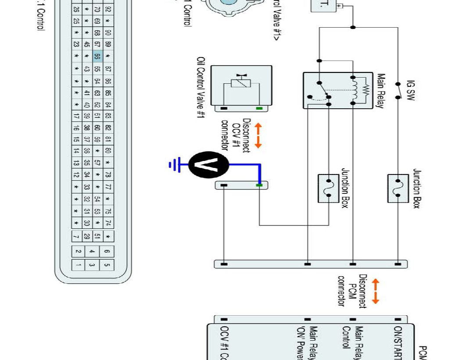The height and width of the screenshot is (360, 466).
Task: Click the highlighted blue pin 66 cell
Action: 97,57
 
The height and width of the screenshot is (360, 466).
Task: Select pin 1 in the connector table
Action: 78,264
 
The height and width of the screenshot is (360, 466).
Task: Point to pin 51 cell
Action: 97,236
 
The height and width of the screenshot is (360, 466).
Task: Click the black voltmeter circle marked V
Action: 209,165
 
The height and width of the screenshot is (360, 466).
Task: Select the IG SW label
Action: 411,90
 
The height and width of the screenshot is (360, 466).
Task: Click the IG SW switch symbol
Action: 398,90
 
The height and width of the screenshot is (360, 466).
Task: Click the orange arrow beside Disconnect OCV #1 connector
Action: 258,135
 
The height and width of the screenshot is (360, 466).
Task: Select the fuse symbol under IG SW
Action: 398,188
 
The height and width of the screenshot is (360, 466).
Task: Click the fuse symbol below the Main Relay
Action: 328,188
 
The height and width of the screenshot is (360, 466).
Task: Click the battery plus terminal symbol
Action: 340,6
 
